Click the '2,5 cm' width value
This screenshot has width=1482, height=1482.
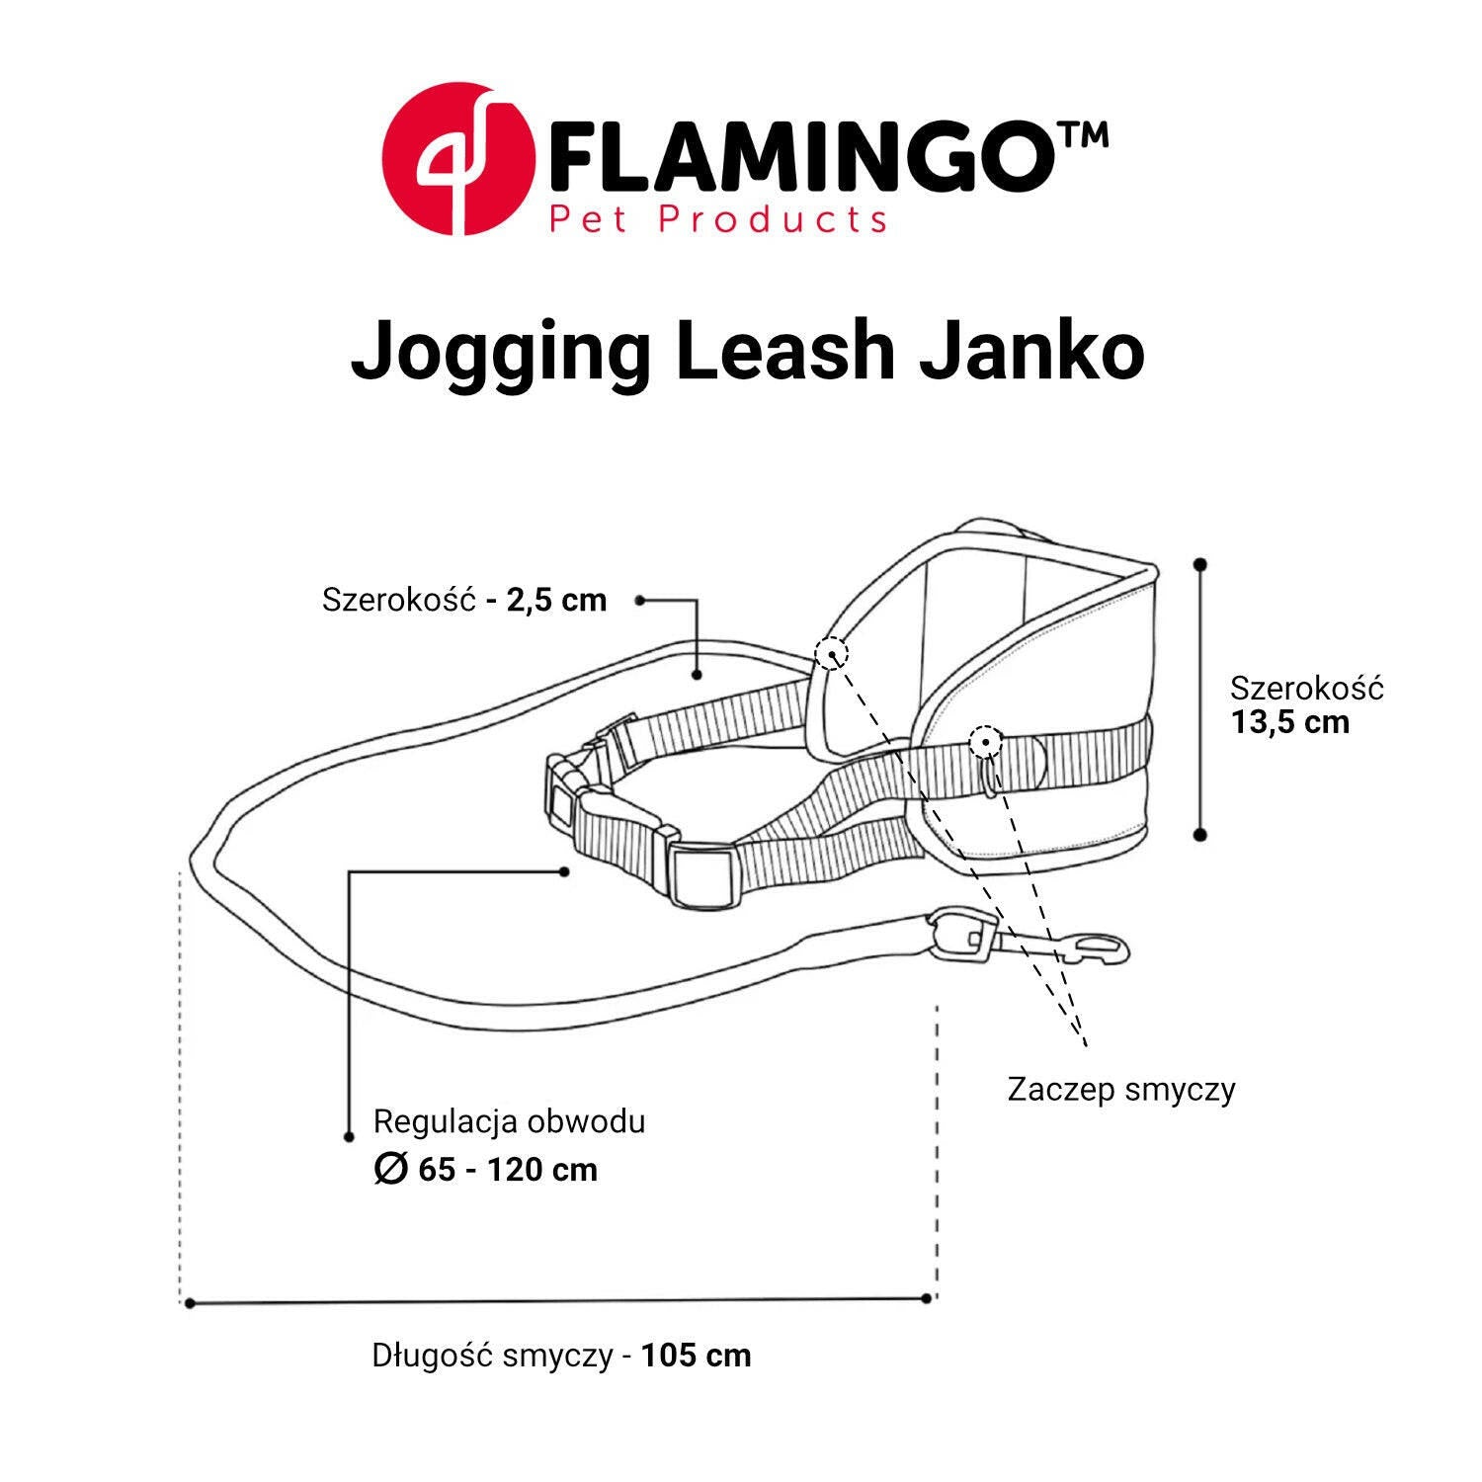coord(556,600)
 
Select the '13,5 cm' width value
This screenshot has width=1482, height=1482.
coord(1290,722)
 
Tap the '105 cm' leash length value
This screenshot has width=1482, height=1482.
coord(697,1355)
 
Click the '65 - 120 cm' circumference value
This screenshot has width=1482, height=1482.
coord(508,1170)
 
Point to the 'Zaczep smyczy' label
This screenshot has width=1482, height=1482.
coord(1121,1090)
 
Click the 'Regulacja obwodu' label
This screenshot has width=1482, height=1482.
coord(509,1122)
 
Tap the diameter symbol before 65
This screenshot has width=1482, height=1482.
coord(390,1170)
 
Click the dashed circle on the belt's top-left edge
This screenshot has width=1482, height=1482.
coord(832,652)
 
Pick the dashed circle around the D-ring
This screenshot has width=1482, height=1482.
coord(985,742)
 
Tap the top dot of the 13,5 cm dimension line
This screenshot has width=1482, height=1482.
coord(1200,564)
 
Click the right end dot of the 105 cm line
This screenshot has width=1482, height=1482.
coord(927,1298)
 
